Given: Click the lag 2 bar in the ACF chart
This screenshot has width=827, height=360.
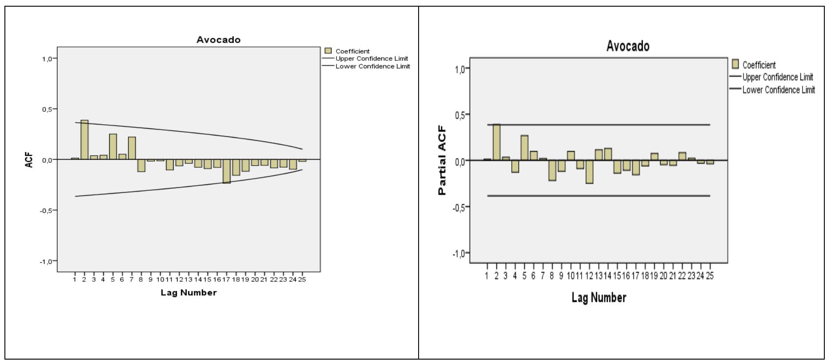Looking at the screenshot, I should coord(84,139).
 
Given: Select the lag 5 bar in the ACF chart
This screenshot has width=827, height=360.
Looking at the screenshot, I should coord(113,146).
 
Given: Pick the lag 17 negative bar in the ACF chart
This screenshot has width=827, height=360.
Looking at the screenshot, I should coord(227,171).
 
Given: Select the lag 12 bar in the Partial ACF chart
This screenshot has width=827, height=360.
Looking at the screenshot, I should coord(590,172).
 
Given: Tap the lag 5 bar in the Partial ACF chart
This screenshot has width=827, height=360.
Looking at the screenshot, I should coord(524,148).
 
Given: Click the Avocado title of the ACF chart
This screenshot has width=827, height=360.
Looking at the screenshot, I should coord(218,40).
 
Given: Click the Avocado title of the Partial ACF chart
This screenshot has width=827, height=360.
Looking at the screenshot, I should coord(628,46).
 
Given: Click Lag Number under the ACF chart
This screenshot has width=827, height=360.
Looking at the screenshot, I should coord(189,293).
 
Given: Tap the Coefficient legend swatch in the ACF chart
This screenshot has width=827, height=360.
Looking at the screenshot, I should coord(328,51).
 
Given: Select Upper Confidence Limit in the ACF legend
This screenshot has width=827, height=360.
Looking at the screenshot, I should coord(372,59).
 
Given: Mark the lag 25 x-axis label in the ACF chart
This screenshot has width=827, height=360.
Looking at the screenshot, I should coord(302,280).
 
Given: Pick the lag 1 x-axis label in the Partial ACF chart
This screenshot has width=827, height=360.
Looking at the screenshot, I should coord(487,276).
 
